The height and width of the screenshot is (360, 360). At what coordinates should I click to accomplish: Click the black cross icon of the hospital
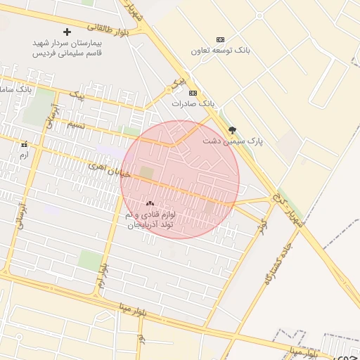tap(67, 32)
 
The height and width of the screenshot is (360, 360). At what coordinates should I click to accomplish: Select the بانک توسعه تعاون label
tap(220, 51)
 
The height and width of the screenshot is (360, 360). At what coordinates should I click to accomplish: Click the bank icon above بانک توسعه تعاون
tap(220, 39)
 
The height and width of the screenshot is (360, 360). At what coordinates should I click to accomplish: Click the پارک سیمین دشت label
tap(233, 141)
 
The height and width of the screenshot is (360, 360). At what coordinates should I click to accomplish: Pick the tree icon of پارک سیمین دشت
tap(233, 130)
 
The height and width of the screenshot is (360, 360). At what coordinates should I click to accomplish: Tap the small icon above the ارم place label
tap(24, 143)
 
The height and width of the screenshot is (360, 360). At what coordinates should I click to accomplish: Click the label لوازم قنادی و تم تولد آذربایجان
tap(150, 219)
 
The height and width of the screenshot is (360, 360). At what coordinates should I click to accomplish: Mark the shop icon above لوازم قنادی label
tap(150, 203)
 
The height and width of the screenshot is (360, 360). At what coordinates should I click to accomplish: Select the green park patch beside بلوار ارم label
tap(89, 260)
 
